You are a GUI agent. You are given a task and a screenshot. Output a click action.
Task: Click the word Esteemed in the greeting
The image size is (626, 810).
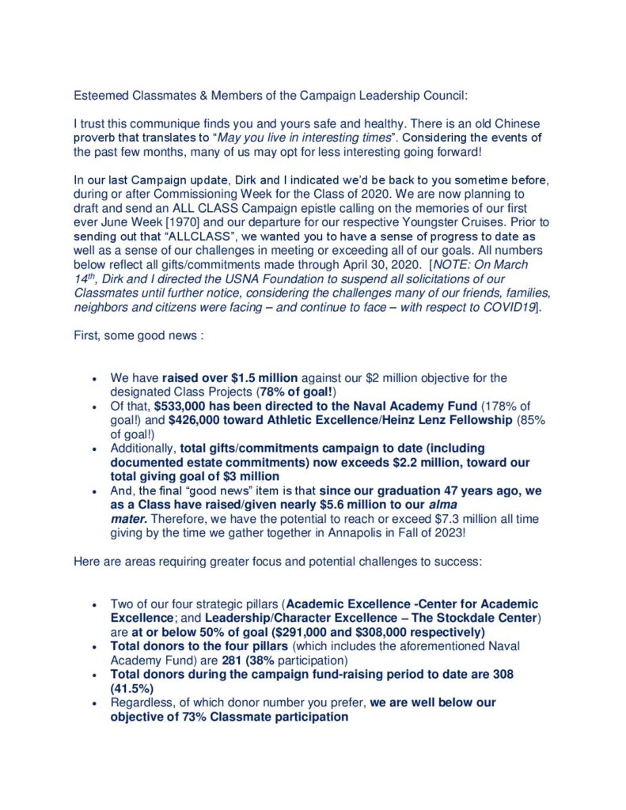coord(101,96)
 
